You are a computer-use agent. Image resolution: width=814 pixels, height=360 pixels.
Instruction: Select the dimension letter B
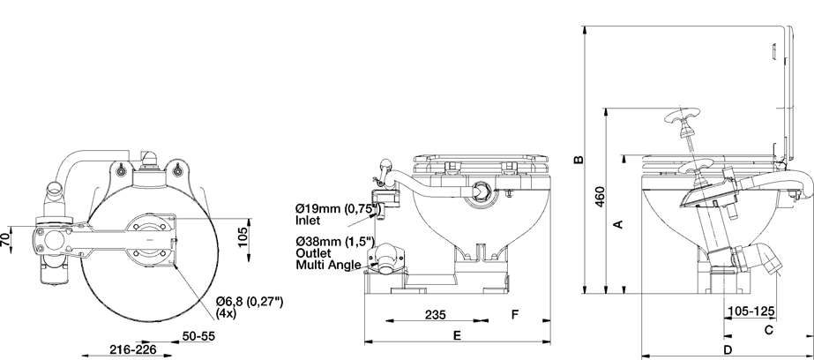click(x=579, y=160)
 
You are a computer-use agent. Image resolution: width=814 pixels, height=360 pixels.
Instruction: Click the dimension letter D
click(x=727, y=351)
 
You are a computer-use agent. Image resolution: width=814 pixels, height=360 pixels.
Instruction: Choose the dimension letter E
click(x=457, y=335)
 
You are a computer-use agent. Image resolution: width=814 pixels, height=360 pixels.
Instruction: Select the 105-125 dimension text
click(x=752, y=311)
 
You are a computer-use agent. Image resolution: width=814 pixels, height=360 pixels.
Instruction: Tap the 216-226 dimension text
click(x=128, y=350)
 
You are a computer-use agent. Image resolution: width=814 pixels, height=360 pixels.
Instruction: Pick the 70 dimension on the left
click(x=7, y=239)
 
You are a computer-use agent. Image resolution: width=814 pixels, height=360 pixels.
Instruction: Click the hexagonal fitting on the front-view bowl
click(x=481, y=189)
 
